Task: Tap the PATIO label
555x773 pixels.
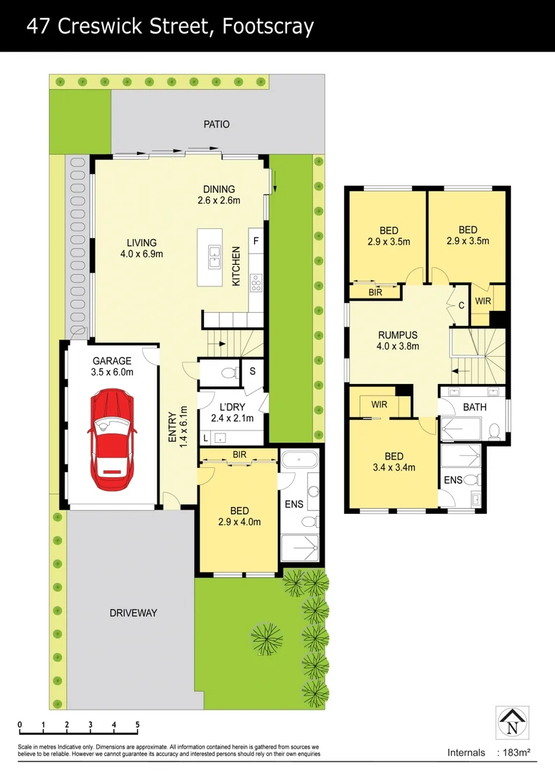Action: tap(216, 124)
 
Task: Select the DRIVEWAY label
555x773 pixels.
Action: tap(133, 613)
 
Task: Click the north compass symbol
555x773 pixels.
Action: tap(512, 723)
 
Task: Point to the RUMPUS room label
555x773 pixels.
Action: tap(398, 334)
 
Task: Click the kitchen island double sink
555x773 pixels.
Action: tap(213, 256)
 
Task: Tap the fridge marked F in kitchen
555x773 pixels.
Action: tap(256, 241)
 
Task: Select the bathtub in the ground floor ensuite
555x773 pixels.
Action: tap(301, 460)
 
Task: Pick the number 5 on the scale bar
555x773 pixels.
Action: tap(137, 724)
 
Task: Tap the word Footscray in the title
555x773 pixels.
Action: tap(268, 27)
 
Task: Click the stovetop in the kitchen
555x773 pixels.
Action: tap(256, 284)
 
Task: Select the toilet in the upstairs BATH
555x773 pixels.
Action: tap(493, 430)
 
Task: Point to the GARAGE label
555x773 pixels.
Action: tap(112, 361)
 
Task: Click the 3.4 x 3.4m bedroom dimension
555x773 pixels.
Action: tap(393, 467)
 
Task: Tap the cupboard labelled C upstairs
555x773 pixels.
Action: tap(461, 305)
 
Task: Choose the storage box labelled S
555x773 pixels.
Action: tap(252, 371)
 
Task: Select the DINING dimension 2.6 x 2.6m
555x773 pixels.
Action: tap(218, 201)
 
